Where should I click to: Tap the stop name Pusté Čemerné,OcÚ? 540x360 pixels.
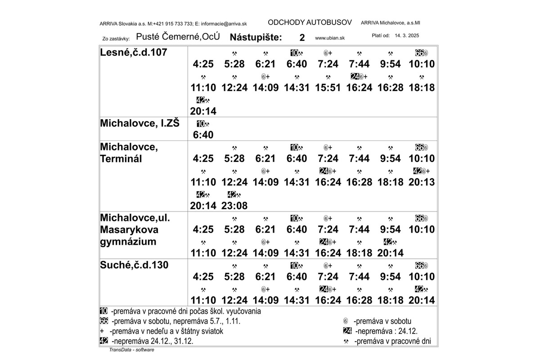[x=178, y=37]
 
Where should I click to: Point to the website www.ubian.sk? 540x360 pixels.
[x=330, y=38]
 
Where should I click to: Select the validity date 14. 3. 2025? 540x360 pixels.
[x=407, y=35]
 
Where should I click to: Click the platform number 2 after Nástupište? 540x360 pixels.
[x=302, y=38]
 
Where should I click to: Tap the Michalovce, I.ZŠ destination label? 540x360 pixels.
[x=139, y=123]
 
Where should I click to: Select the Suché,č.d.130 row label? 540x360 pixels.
[x=134, y=265]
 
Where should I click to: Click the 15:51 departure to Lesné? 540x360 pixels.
[x=328, y=88]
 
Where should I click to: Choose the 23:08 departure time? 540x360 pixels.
[x=234, y=206]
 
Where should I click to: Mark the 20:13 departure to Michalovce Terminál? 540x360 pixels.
[x=422, y=182]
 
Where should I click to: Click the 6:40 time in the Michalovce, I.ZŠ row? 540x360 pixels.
[x=203, y=135]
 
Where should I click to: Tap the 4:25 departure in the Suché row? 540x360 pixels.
[x=203, y=277]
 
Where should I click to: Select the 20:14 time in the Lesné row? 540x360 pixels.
[x=203, y=111]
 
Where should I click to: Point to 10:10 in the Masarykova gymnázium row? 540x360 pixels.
[x=422, y=229]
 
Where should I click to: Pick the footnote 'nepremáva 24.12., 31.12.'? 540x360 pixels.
[x=153, y=341]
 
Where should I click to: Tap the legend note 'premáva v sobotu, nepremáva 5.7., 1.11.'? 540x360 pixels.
[x=179, y=321]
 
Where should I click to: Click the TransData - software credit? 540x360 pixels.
[x=131, y=350]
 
